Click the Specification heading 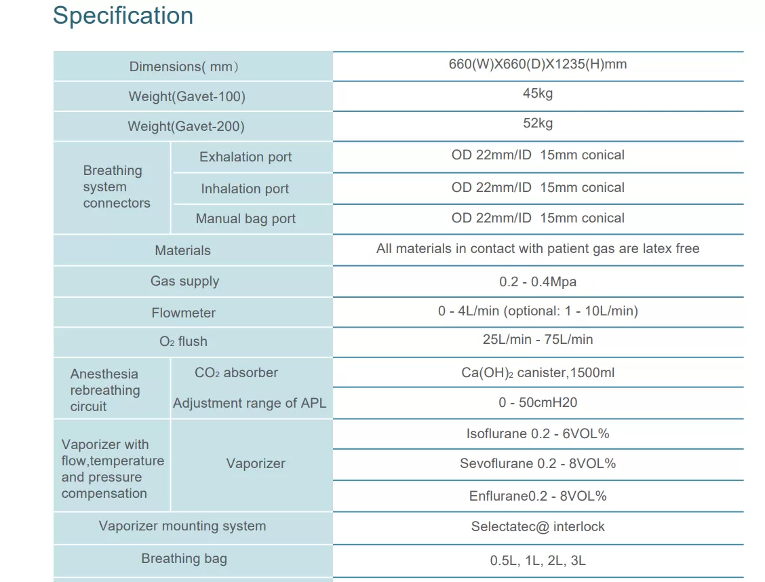tap(123, 16)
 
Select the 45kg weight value tap(538, 93)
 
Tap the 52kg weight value tap(538, 123)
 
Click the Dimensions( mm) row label tap(183, 66)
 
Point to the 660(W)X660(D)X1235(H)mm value tap(538, 64)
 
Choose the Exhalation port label tap(246, 157)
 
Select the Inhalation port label tap(245, 189)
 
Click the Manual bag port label tap(246, 218)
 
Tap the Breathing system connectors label tap(117, 187)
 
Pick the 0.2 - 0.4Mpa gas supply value tap(538, 282)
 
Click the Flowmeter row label tap(183, 313)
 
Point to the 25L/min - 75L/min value tap(538, 339)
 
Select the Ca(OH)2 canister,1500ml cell tap(538, 372)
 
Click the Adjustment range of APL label tap(250, 403)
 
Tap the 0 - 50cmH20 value tap(538, 402)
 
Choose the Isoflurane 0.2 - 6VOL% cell tap(538, 433)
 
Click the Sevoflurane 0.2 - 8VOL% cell tap(538, 463)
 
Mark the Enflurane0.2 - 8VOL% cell tap(538, 496)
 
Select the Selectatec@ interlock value tap(538, 526)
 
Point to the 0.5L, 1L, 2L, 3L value tap(538, 560)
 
